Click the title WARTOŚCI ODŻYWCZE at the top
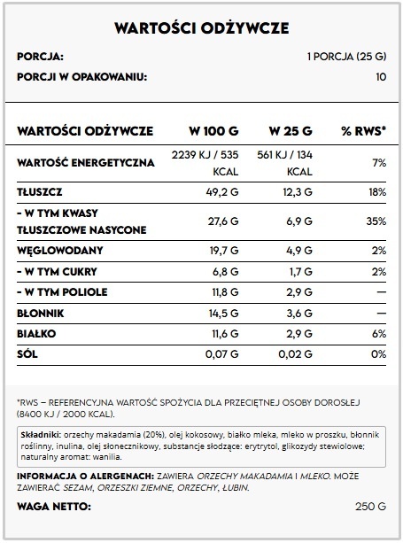201,28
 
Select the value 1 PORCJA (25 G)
346,58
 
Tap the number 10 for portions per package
381,76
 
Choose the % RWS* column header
363,131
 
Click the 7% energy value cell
379,163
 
